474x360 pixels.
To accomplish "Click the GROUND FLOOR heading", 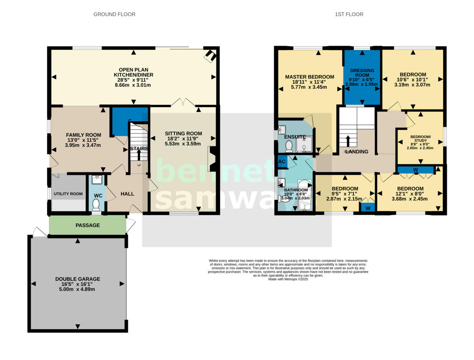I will (x=114, y=14).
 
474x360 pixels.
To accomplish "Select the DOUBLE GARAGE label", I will (x=77, y=279).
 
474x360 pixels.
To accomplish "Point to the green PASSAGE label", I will (x=88, y=225).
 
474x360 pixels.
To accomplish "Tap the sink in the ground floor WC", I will (x=96, y=180).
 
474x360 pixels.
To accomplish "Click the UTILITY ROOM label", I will (x=68, y=194).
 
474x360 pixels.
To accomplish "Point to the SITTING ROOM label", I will (x=183, y=133).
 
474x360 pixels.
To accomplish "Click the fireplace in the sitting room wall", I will (x=212, y=159).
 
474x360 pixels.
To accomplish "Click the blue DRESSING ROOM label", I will (x=362, y=73).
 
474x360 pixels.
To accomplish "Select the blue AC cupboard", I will (x=282, y=161).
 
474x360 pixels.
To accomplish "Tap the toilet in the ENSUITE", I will (x=288, y=146).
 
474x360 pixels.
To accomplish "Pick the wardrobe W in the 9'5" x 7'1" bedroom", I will (x=368, y=208).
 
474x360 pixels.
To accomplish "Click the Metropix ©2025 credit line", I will (x=288, y=279).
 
